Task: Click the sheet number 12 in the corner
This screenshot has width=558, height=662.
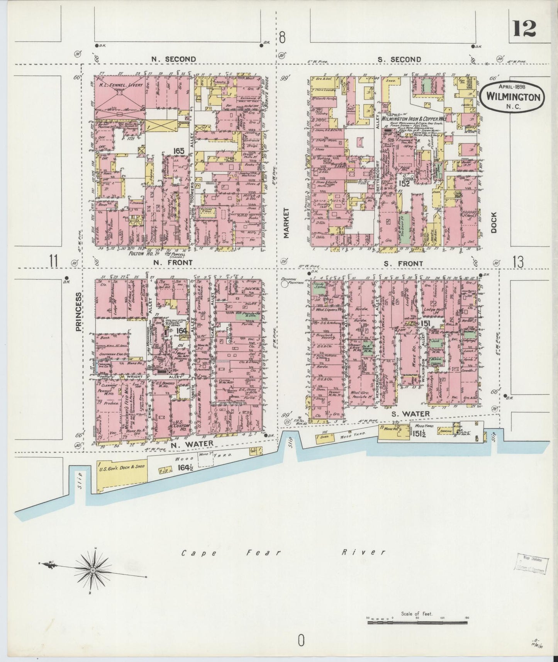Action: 524,28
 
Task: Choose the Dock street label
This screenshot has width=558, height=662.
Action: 494,223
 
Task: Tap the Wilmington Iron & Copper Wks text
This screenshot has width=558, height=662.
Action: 413,119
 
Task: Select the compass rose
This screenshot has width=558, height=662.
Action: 93,570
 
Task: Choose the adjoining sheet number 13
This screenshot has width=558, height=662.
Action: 518,262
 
